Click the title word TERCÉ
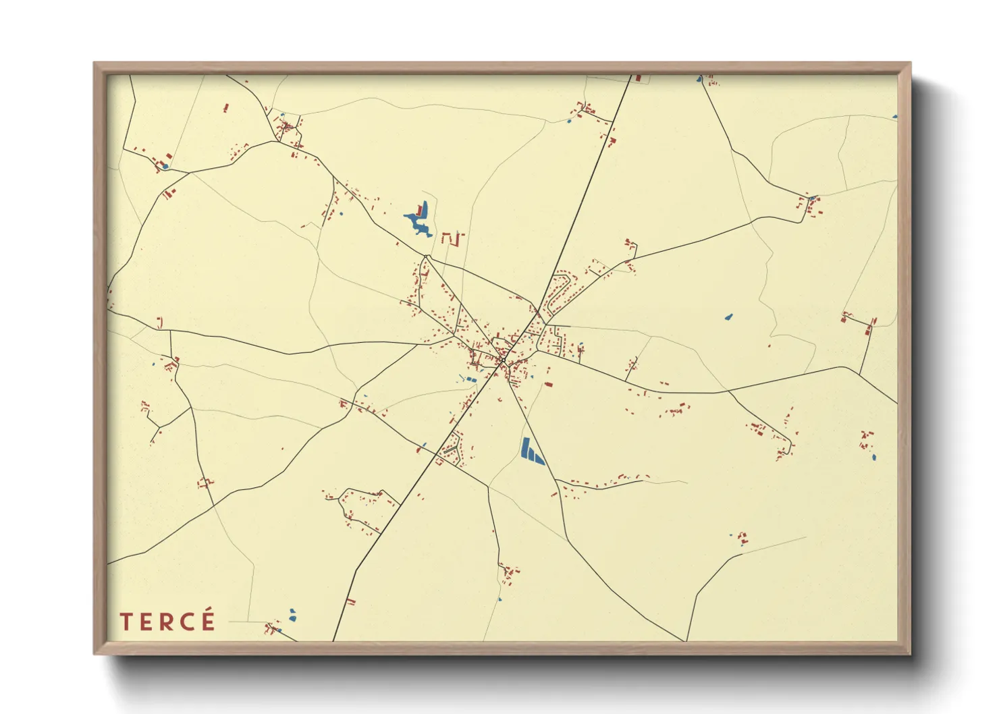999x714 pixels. [x=168, y=622]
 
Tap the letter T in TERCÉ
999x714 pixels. [x=126, y=622]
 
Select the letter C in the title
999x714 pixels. [x=188, y=622]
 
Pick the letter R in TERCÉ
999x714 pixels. [x=167, y=622]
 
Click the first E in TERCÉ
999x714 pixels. [x=146, y=622]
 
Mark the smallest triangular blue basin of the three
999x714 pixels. [x=540, y=459]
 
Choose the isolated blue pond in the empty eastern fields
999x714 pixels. [x=728, y=316]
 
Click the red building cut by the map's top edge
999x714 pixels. [x=638, y=78]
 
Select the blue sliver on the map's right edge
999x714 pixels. [x=895, y=117]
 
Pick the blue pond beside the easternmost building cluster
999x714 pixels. [x=874, y=458]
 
